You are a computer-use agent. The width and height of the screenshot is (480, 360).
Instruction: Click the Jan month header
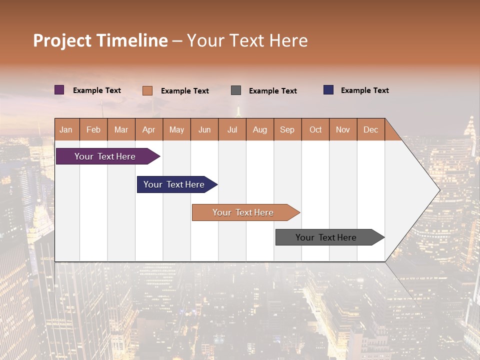66,129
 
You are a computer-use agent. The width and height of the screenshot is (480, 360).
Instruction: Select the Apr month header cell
148,129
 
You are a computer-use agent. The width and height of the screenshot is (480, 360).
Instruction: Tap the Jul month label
232,129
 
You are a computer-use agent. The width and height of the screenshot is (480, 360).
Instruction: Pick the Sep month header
287,129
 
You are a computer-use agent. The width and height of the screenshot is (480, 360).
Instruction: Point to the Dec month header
370,129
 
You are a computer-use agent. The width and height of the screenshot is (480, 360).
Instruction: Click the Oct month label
315,129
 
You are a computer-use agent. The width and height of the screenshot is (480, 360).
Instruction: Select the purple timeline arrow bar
105,156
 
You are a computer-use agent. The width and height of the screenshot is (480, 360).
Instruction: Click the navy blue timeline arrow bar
174,184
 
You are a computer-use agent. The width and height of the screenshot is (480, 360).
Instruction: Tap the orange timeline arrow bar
243,212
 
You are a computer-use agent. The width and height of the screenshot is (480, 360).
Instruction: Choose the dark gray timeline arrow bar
326,237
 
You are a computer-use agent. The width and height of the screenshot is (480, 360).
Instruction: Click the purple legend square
59,90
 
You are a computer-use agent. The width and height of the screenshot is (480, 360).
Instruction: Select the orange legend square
147,90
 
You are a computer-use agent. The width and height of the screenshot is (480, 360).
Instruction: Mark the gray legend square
236,90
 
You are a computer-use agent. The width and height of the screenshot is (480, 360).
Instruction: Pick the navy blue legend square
328,90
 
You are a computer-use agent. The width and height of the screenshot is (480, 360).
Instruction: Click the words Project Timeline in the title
100,40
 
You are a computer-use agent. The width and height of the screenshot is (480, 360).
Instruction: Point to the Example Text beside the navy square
364,90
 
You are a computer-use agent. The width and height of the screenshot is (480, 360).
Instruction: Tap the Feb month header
93,129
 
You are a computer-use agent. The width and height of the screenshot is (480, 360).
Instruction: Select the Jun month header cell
204,129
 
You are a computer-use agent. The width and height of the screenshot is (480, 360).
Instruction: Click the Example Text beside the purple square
97,90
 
